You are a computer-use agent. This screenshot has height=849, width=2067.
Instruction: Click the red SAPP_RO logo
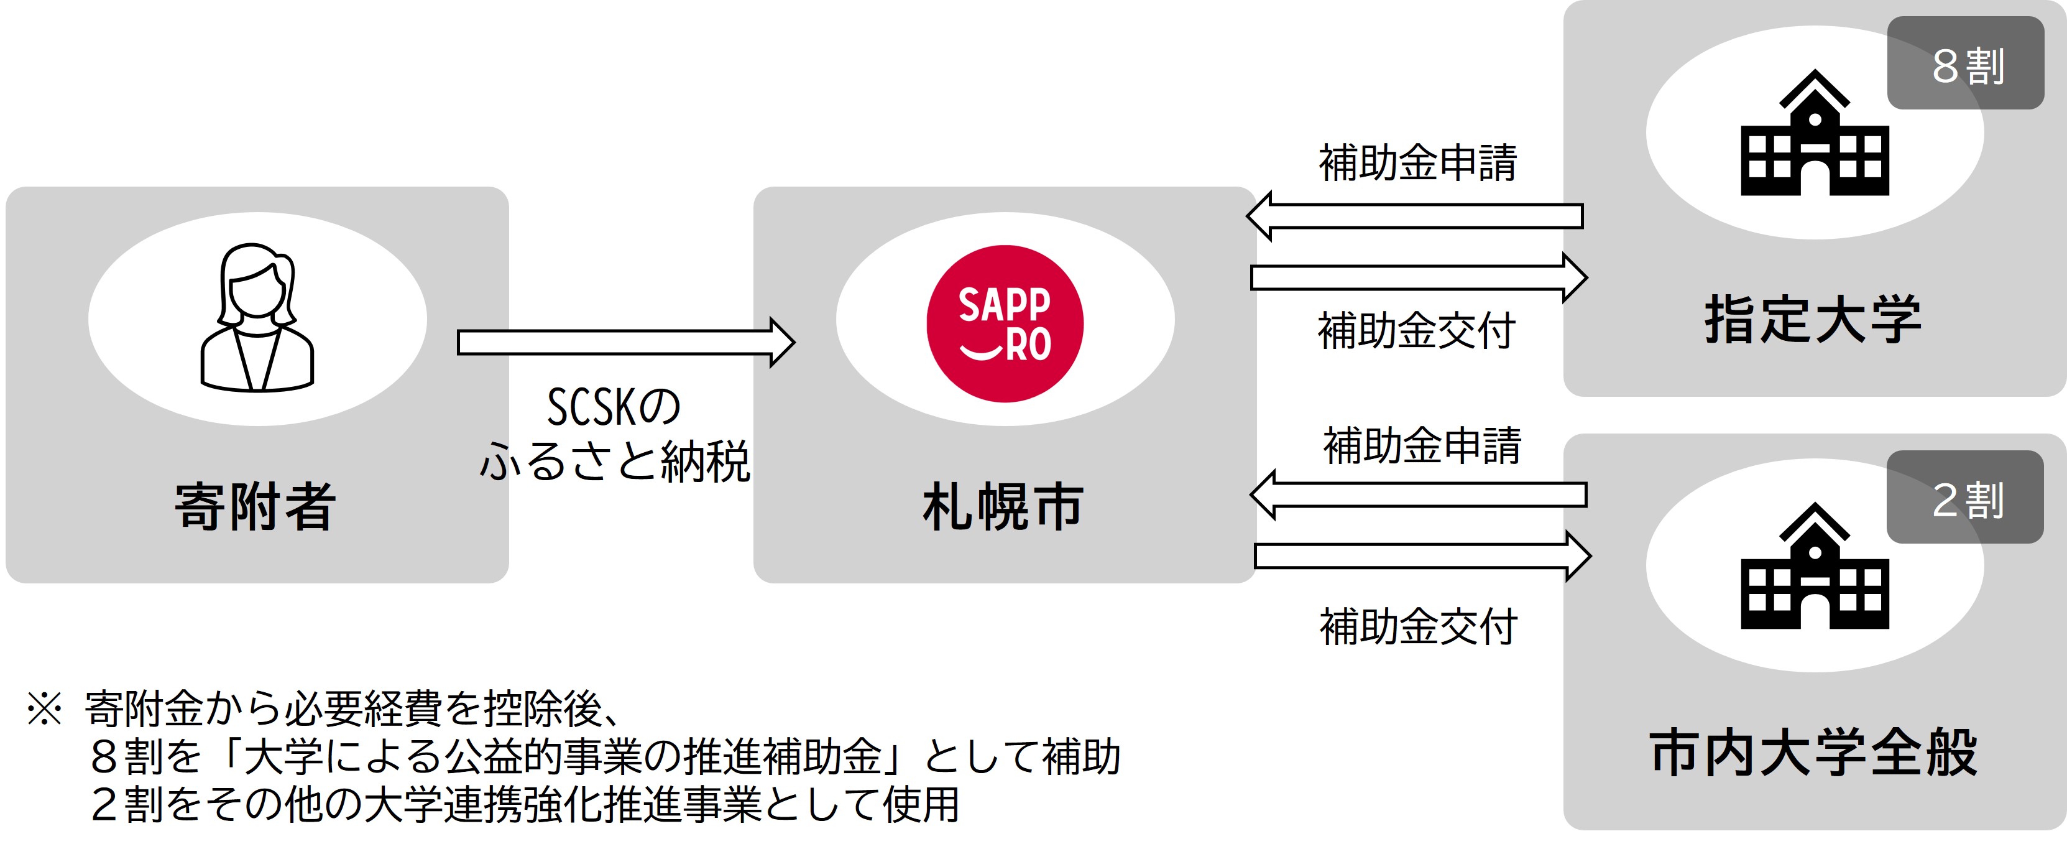point(1005,323)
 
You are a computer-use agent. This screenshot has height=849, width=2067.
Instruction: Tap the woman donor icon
point(257,317)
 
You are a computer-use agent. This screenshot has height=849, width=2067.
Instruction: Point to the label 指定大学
point(1813,319)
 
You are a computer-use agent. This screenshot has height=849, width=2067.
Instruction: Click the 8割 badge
point(1965,63)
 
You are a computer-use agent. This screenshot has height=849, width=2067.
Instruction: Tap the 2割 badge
point(1965,497)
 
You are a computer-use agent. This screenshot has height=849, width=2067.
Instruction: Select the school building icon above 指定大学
point(1815,132)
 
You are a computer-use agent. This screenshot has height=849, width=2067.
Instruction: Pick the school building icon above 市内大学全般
point(1815,566)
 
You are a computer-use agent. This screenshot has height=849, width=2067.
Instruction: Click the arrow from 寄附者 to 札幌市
point(626,343)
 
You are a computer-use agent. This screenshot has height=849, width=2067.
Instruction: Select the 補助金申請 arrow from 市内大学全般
point(1419,495)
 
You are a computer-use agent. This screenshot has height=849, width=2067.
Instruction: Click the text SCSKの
point(614,407)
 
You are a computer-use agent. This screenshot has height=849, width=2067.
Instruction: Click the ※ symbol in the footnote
point(44,708)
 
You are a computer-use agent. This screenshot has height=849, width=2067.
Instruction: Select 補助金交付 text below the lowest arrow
point(1419,627)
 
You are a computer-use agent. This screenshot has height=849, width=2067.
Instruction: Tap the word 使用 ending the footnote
point(921,805)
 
